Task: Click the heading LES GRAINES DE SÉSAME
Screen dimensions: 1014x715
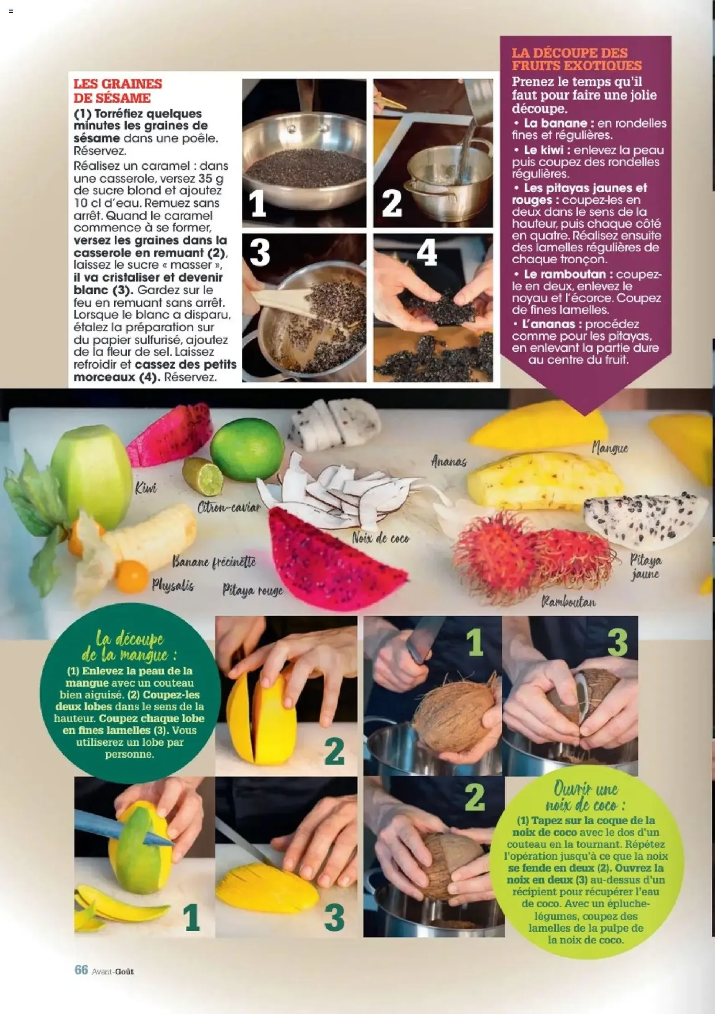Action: coord(117,91)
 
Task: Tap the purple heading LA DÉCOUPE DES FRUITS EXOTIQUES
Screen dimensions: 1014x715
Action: coord(576,59)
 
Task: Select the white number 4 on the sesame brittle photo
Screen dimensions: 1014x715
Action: coord(427,252)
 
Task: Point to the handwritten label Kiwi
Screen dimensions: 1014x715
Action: coord(146,488)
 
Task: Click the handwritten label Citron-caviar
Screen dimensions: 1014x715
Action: coord(229,508)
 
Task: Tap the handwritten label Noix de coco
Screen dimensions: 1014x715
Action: coord(380,538)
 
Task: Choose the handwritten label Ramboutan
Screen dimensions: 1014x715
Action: coord(568,602)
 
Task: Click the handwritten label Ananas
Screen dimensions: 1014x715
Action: coord(449,462)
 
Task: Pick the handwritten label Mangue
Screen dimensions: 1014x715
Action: coord(609,448)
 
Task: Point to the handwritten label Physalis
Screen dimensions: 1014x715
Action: coord(173,586)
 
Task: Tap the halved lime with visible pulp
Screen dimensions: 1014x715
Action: coord(203,476)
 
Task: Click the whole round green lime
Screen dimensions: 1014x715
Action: coord(247,450)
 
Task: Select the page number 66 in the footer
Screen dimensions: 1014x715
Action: coord(81,969)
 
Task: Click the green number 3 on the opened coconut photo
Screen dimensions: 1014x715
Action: coord(617,642)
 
